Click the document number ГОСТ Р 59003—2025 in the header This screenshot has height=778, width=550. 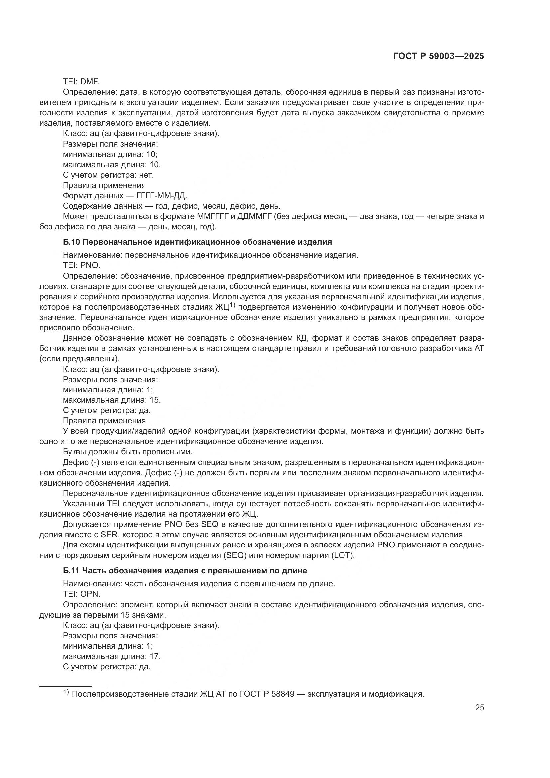click(438, 56)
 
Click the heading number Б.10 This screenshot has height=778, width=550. click(71, 242)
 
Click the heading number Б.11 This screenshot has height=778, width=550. click(71, 571)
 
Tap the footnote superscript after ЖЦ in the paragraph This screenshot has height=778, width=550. click(232, 305)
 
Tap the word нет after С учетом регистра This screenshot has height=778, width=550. click(146, 175)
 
